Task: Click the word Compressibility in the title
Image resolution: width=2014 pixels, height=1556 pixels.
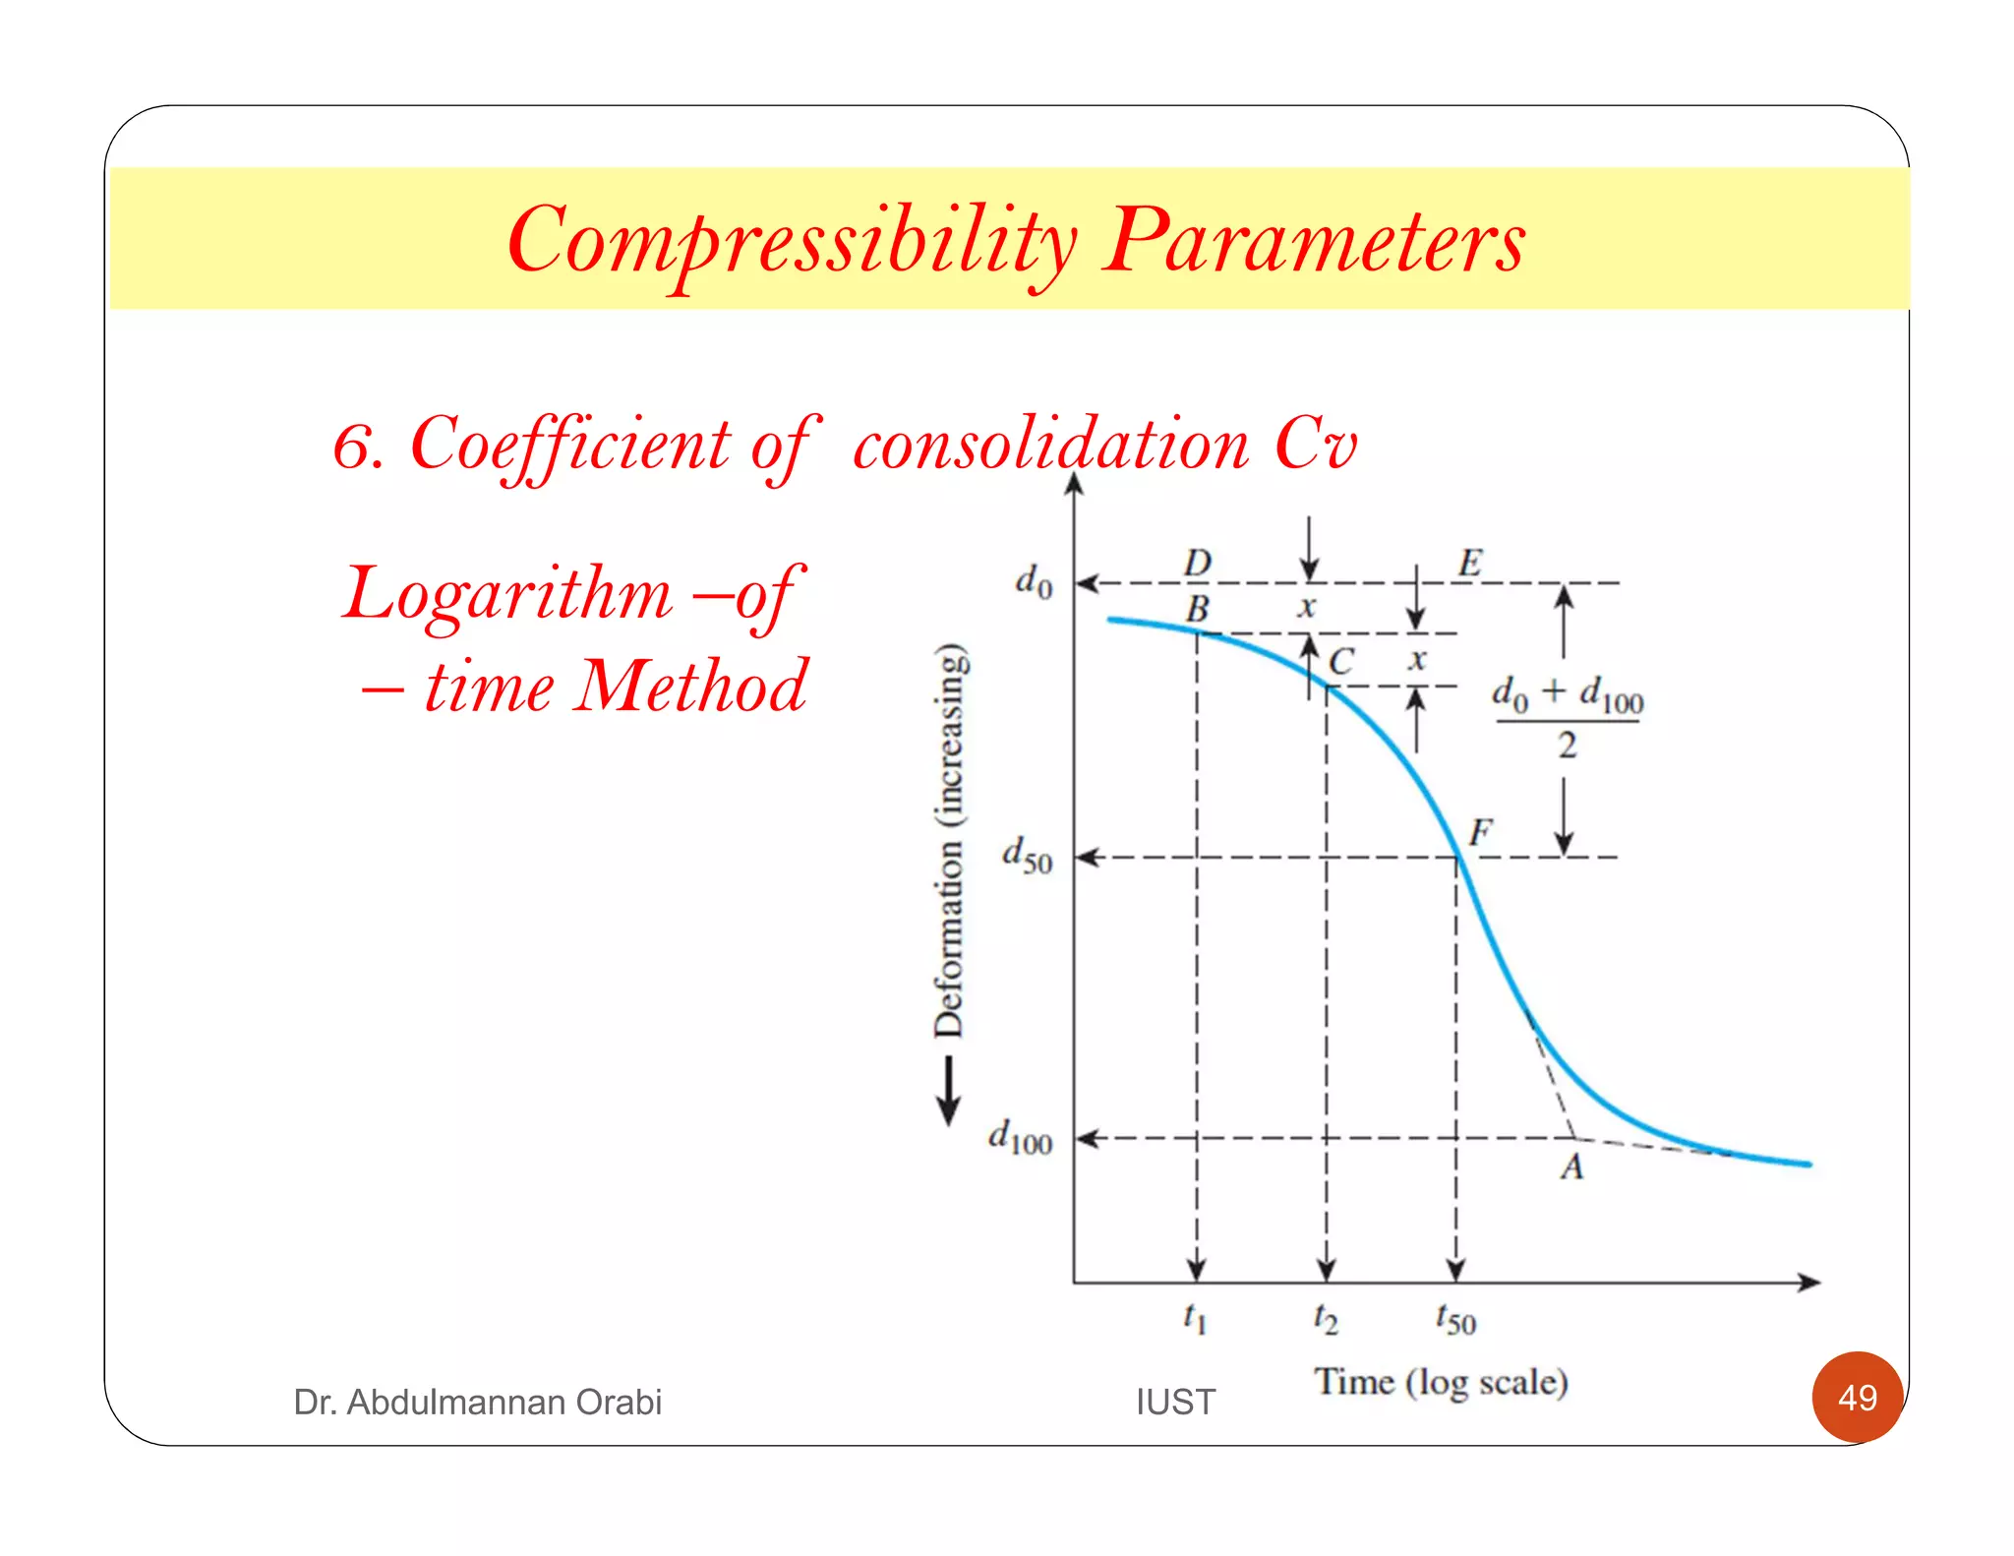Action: click(x=792, y=241)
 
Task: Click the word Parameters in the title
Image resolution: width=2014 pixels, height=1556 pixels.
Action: click(x=1314, y=241)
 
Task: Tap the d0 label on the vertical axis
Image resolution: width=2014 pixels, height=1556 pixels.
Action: click(x=1033, y=580)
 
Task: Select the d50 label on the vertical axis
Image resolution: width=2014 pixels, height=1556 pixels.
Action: click(x=1027, y=855)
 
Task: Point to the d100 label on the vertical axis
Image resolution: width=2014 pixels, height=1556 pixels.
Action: click(x=1020, y=1137)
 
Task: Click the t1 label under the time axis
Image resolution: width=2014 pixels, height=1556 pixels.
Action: click(x=1194, y=1317)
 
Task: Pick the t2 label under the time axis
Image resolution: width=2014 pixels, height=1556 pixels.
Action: click(x=1325, y=1318)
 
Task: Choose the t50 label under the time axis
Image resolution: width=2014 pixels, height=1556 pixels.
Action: click(x=1454, y=1318)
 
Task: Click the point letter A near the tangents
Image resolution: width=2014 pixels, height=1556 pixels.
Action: click(x=1571, y=1167)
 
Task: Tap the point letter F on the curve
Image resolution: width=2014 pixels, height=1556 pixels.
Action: click(x=1480, y=833)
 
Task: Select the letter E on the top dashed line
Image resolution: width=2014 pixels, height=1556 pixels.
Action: click(x=1469, y=564)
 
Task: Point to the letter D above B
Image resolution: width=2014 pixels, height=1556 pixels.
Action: click(x=1197, y=564)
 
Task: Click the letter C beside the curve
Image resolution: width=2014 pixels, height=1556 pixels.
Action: click(x=1340, y=661)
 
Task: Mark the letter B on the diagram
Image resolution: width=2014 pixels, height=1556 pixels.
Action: click(x=1197, y=609)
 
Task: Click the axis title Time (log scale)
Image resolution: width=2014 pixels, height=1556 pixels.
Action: click(x=1441, y=1382)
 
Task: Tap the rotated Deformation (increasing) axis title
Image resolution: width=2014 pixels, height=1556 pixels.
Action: click(x=950, y=841)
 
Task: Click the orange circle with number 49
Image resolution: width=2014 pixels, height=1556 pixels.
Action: click(x=1857, y=1397)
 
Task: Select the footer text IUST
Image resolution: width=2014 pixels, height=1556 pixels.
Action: click(x=1175, y=1402)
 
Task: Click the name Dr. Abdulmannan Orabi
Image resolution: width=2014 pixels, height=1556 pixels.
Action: click(x=477, y=1402)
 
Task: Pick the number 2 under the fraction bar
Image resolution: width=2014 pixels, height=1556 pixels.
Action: click(x=1567, y=746)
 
